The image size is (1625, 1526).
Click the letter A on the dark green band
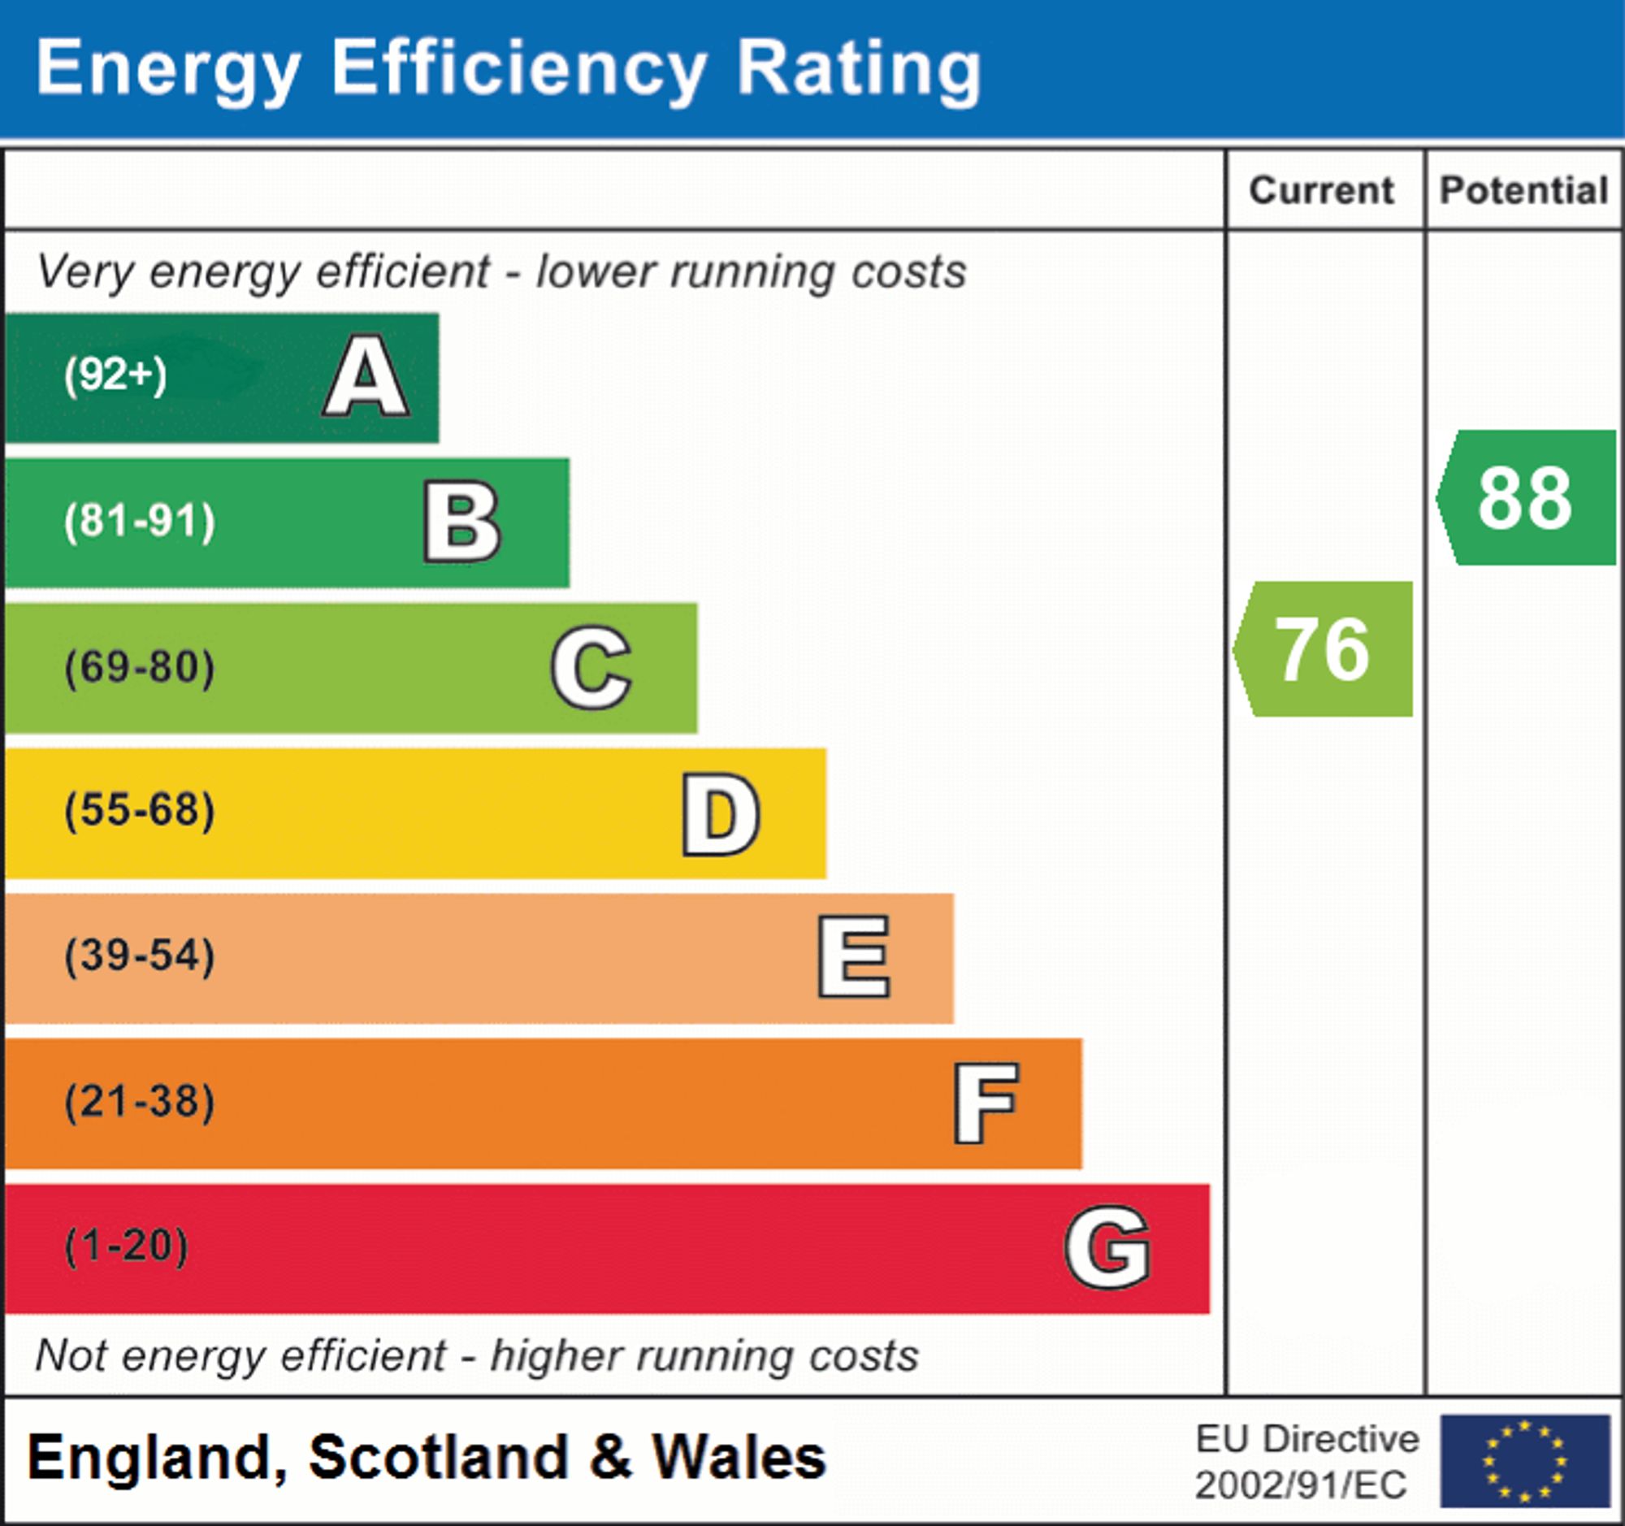tap(366, 376)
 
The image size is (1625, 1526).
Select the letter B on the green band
tap(461, 522)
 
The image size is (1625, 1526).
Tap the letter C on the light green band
tap(591, 667)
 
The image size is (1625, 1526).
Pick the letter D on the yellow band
tap(721, 813)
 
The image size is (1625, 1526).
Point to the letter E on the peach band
tap(854, 957)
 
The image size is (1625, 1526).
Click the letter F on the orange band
tap(986, 1103)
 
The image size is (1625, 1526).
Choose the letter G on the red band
tap(1107, 1247)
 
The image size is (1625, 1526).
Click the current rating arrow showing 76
tap(1324, 649)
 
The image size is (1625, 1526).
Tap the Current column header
tap(1322, 190)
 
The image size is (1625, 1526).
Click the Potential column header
tap(1524, 190)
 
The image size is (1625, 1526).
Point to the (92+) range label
tap(115, 375)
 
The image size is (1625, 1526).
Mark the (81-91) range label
tap(140, 521)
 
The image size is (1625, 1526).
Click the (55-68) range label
tap(140, 811)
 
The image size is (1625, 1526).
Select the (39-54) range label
tap(140, 956)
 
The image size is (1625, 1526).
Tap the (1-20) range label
tap(127, 1246)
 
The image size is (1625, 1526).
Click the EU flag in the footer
tap(1524, 1461)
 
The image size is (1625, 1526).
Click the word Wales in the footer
tap(738, 1459)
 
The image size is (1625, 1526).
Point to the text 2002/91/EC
tap(1301, 1485)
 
